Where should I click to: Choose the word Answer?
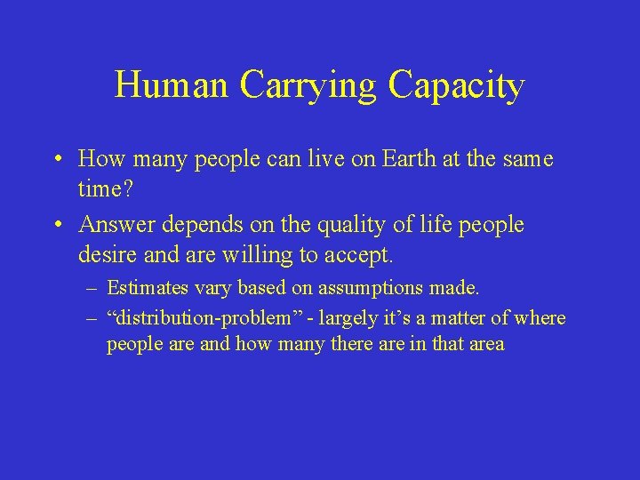click(112, 226)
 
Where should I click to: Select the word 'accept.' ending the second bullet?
click(357, 257)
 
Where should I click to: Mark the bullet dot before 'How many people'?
click(57, 160)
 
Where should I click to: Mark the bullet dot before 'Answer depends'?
click(57, 226)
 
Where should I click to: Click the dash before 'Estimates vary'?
click(92, 288)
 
